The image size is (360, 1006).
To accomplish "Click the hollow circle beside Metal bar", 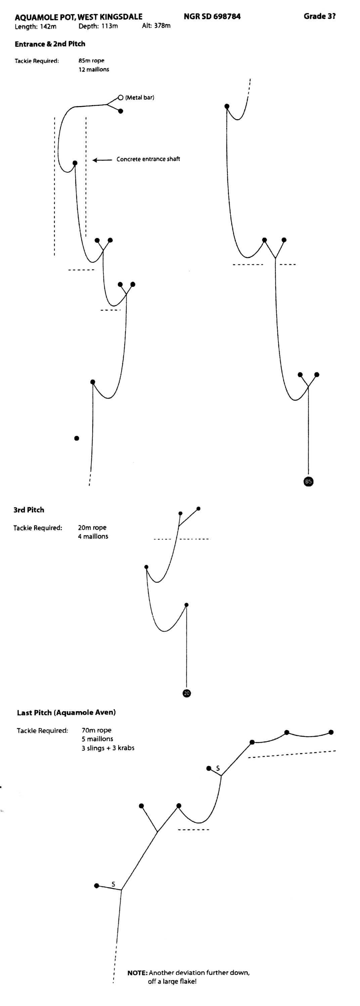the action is (121, 98).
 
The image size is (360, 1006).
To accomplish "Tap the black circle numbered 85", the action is (309, 481).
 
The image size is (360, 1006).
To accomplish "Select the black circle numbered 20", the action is (187, 693).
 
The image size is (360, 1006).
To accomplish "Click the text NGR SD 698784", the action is (212, 16).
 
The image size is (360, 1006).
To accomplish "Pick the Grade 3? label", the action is (319, 16).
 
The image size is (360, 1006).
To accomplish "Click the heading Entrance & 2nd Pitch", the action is (50, 44).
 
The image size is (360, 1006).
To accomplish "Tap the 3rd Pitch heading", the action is (29, 510).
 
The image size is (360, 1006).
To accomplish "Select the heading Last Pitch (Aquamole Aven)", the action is (66, 712).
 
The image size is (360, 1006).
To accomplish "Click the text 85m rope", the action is (91, 60).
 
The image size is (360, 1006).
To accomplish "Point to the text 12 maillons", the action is (94, 70).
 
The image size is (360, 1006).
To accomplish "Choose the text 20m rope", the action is (92, 528).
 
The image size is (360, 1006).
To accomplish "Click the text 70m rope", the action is (96, 730).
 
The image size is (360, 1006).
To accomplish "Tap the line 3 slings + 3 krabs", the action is (108, 748).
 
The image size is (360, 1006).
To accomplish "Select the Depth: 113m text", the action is (98, 26).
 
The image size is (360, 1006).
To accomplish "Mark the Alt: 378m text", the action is (156, 26).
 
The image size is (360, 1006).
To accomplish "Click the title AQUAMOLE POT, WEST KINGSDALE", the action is (79, 17).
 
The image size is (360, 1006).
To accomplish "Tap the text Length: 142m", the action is (36, 27).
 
